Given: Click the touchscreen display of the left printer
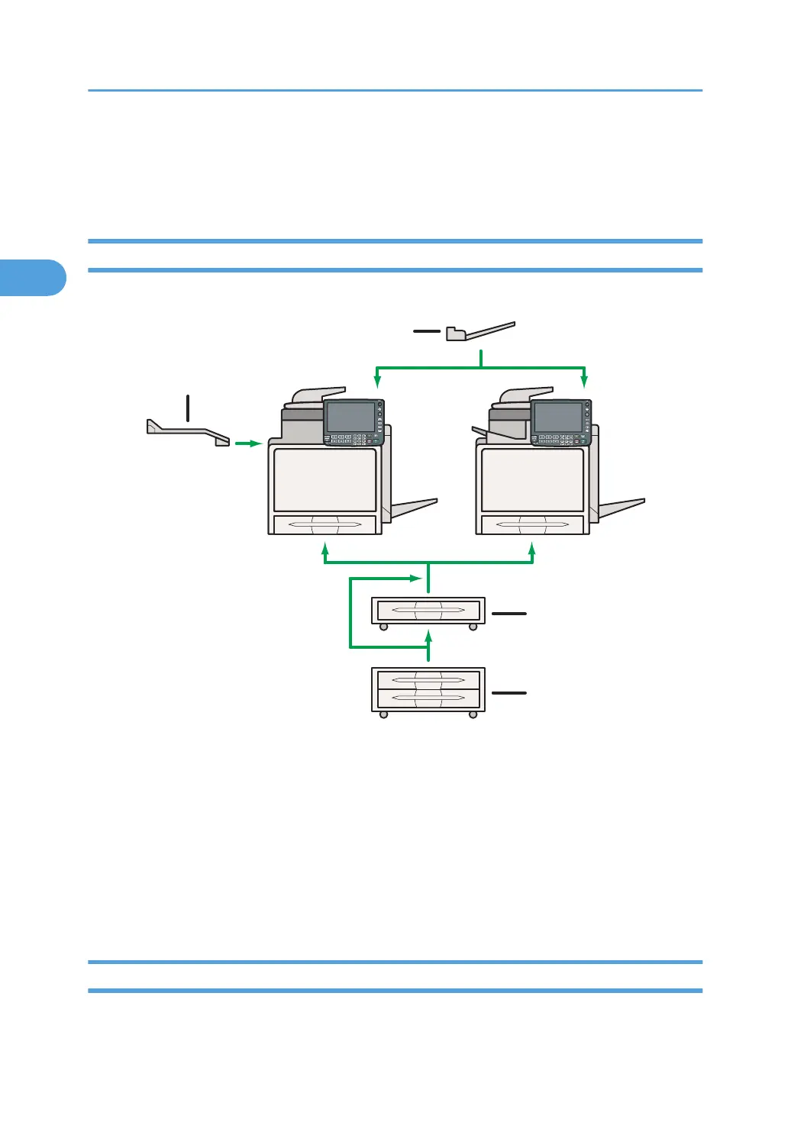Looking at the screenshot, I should click(x=350, y=417).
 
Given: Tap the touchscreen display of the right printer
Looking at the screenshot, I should click(x=558, y=418).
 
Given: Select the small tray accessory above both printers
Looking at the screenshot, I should click(x=480, y=331).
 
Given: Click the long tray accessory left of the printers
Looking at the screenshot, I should click(x=188, y=433).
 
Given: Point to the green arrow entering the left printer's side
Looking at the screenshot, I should click(x=249, y=443).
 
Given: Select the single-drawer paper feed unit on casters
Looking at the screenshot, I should click(x=428, y=611).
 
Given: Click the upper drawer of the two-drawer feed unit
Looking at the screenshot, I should click(x=428, y=679).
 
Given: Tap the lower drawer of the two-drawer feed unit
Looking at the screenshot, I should click(x=428, y=698).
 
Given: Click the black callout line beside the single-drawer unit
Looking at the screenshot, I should click(x=509, y=613).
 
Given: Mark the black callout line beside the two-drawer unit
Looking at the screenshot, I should click(x=509, y=693).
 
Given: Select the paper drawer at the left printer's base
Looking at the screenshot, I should click(x=324, y=525).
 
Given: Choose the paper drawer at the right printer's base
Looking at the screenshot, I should click(x=532, y=525).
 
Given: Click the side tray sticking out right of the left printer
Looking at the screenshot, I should click(x=414, y=508).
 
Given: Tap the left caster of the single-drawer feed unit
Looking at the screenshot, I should click(x=383, y=627).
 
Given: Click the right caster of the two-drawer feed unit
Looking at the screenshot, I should click(x=473, y=715).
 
